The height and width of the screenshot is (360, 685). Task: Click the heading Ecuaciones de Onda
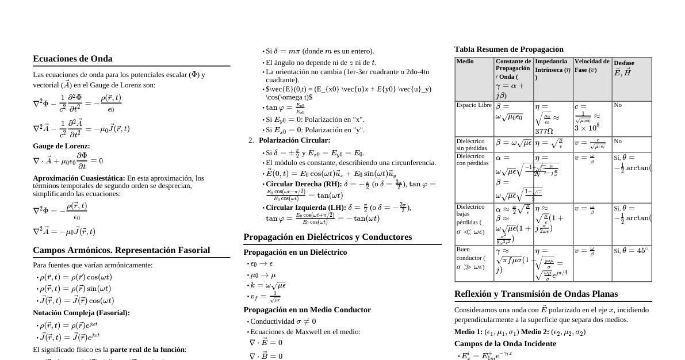[x=72, y=59]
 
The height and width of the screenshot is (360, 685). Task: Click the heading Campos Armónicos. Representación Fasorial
[x=121, y=250]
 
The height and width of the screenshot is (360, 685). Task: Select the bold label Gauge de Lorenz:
[x=62, y=146]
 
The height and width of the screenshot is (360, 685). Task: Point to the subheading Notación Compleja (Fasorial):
[x=81, y=313]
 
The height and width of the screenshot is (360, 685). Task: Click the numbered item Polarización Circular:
[x=294, y=140]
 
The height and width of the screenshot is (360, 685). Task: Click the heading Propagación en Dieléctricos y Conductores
[x=328, y=237]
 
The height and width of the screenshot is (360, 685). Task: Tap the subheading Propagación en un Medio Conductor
[x=307, y=310]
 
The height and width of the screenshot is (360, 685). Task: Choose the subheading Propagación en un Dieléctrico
[x=295, y=252]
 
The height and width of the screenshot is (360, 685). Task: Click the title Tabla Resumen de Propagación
[x=509, y=49]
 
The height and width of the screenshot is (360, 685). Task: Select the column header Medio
[x=465, y=62]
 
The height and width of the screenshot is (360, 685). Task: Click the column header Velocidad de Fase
[x=592, y=65]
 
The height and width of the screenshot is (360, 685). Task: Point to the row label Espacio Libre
[x=474, y=105]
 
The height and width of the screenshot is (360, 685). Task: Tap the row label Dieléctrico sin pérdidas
[x=470, y=144]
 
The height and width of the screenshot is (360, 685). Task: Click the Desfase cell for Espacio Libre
[x=618, y=105]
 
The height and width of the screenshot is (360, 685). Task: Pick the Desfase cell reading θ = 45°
[x=631, y=251]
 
